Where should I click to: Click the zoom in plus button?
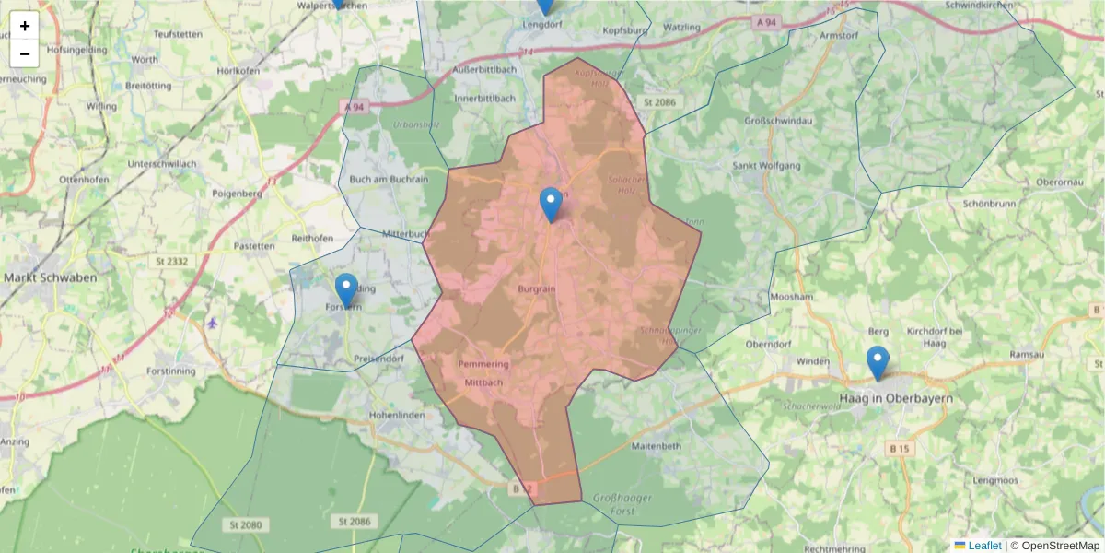click(25, 26)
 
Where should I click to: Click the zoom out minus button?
click(25, 53)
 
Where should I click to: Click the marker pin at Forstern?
click(346, 290)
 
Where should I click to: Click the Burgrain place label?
click(536, 288)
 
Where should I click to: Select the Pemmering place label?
click(483, 365)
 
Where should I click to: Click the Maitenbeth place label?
click(657, 446)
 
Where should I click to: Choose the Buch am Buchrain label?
click(390, 180)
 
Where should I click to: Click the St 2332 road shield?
click(171, 263)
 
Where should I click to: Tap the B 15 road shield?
click(900, 448)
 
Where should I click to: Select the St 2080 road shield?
click(244, 524)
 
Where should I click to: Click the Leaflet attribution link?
click(984, 546)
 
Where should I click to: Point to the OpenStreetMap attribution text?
click(1060, 546)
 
